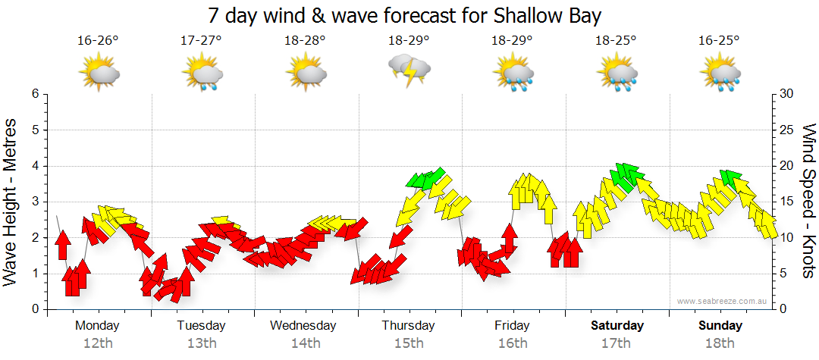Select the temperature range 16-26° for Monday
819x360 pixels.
98,40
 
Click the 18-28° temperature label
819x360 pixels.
306,40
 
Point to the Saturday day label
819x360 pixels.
617,325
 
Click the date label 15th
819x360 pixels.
409,343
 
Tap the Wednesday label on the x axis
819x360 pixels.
303,325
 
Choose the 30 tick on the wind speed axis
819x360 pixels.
787,94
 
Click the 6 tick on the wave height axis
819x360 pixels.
35,94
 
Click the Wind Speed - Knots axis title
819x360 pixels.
808,201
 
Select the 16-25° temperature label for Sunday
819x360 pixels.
720,40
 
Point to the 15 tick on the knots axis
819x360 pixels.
787,202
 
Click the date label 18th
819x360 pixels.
720,343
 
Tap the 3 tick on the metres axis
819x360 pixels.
35,202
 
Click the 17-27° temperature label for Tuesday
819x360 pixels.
202,40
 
